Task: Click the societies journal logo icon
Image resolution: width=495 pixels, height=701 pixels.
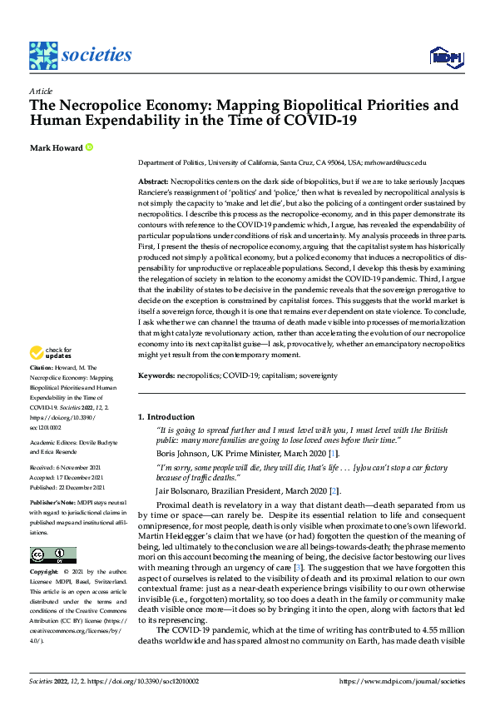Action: (x=43, y=56)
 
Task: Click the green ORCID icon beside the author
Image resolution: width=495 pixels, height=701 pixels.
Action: (x=89, y=147)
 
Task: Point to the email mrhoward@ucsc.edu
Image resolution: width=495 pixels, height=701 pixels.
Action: (x=395, y=163)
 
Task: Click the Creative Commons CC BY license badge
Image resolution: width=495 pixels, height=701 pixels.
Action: (x=52, y=555)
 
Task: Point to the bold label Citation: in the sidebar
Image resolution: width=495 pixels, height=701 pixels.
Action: (x=43, y=390)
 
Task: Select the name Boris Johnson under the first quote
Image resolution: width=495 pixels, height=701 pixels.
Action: (x=185, y=453)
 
